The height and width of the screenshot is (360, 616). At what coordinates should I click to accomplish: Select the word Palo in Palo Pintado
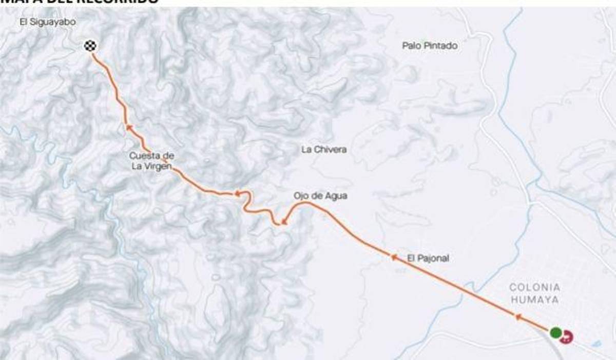[412, 46]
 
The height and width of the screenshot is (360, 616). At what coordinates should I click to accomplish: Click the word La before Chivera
[307, 149]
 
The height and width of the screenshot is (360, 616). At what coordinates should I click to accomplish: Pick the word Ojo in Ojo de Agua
[301, 196]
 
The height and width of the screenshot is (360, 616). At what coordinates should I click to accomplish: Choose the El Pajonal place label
[428, 258]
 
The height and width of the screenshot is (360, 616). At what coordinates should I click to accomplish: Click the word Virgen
[160, 166]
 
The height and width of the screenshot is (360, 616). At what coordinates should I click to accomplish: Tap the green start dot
[555, 332]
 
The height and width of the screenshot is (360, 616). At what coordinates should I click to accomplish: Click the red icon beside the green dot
[566, 336]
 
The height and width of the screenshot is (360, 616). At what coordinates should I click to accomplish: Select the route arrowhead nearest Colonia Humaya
[518, 317]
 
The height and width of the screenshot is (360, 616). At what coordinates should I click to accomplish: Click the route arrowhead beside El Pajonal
[394, 257]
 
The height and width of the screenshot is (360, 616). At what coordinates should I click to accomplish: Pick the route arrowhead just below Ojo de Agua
[283, 223]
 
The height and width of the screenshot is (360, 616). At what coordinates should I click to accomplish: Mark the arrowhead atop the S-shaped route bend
[237, 193]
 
